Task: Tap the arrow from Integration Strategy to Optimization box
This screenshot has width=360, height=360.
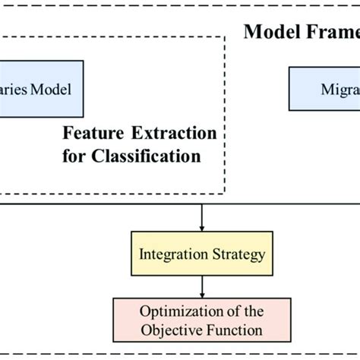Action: pyautogui.click(x=201, y=287)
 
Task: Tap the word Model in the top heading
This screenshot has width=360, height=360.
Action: pyautogui.click(x=268, y=33)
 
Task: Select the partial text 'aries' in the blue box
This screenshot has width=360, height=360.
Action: pyautogui.click(x=17, y=90)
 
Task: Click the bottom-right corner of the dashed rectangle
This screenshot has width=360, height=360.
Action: pyautogui.click(x=225, y=193)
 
